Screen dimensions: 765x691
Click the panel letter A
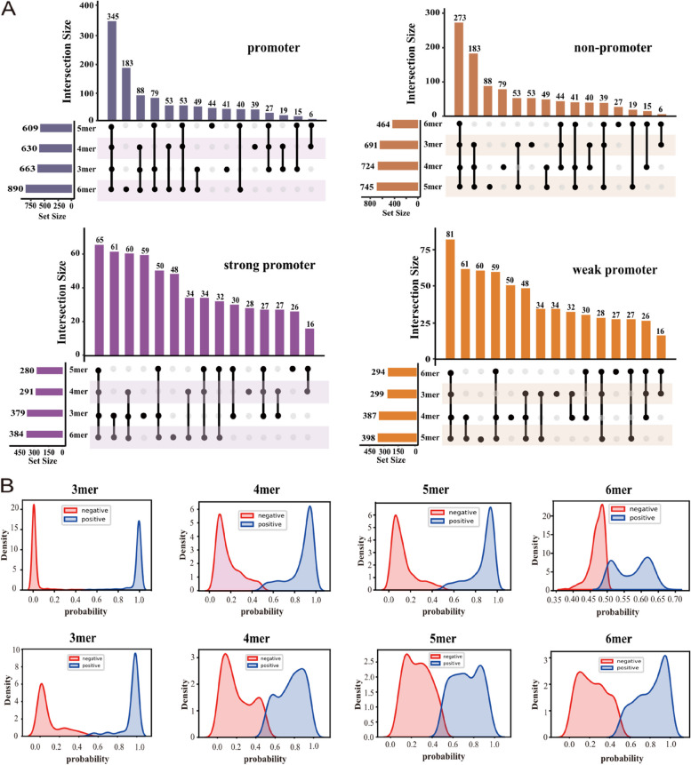tap(9, 10)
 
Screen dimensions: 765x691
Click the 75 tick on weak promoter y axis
tap(422, 263)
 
